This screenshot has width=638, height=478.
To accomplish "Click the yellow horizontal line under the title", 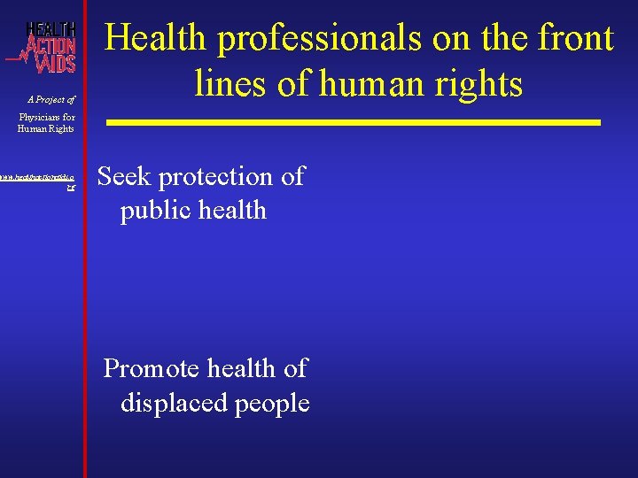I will pyautogui.click(x=354, y=122).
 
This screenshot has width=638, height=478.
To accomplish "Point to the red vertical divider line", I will pyautogui.click(x=85, y=266).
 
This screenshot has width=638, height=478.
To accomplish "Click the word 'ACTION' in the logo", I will pyautogui.click(x=51, y=43).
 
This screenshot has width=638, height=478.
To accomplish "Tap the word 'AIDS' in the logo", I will pyautogui.click(x=55, y=62).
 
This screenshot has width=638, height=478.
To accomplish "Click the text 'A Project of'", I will pyautogui.click(x=51, y=99).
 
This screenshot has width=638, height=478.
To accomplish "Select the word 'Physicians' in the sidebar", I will pyautogui.click(x=43, y=117).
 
